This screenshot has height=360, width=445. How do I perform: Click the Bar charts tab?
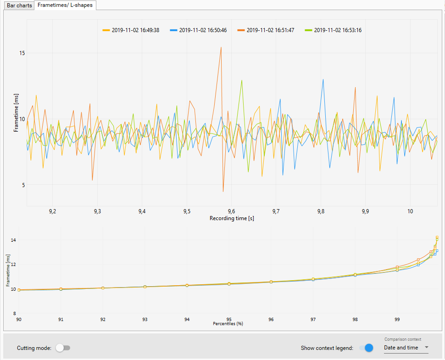click(19, 5)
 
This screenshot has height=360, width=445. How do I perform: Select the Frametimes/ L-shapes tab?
click(65, 5)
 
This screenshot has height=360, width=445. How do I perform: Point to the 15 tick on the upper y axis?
click(22, 53)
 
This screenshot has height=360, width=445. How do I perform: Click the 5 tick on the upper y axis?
click(23, 185)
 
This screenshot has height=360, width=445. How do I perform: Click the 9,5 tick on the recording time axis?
click(186, 211)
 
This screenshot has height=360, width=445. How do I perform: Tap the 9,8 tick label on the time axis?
click(321, 211)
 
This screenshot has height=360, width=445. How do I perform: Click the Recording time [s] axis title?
click(232, 218)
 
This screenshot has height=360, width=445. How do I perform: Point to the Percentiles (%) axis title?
click(228, 323)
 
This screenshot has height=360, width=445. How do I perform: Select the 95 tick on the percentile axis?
click(229, 319)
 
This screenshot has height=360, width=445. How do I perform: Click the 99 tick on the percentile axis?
click(397, 319)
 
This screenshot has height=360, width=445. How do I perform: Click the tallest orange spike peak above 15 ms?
click(221, 47)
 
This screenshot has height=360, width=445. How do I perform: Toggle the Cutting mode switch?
click(62, 348)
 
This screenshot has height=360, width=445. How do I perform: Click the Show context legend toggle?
click(366, 348)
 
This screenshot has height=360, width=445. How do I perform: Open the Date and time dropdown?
click(406, 348)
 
